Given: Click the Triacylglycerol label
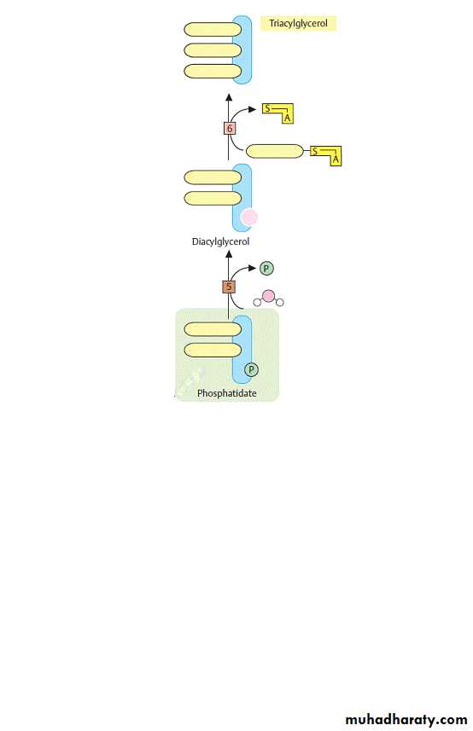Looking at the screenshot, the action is tap(298, 23).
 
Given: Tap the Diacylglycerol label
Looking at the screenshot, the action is tap(220, 241).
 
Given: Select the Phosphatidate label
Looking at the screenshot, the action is tap(227, 393).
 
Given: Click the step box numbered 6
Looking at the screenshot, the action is tap(229, 128).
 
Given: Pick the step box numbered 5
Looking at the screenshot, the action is tap(229, 287).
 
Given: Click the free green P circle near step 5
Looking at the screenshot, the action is tap(266, 269).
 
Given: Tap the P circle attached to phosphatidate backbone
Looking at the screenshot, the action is tap(251, 369).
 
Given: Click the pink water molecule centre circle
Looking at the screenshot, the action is tap(268, 296).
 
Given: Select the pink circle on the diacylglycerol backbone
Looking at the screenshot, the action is tap(249, 217).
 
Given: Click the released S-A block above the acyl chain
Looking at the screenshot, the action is tap(278, 113).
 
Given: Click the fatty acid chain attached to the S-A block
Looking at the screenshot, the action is tap(274, 151).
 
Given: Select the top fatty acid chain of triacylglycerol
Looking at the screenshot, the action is tap(213, 29).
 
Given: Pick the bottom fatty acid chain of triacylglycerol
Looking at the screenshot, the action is tap(213, 72).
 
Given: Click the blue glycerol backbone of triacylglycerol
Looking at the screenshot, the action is tap(242, 49).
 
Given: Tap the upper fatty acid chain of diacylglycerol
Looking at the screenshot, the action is tap(213, 177).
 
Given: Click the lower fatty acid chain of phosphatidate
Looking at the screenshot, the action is tap(213, 350).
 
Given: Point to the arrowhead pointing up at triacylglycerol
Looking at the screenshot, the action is tap(229, 97).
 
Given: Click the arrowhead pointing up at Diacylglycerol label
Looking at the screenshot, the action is tap(229, 254).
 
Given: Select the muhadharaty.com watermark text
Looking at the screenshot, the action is tap(406, 720).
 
